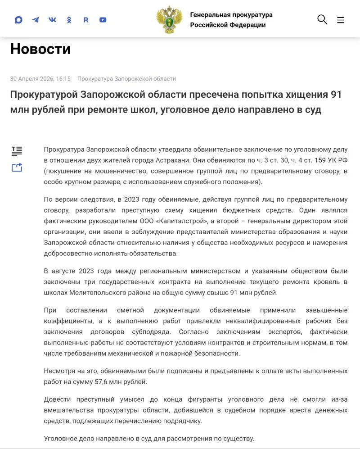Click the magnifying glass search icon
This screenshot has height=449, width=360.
click(322, 19)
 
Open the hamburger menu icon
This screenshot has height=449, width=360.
click(341, 20)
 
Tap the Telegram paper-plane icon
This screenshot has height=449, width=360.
click(36, 20)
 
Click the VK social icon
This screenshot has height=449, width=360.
click(52, 20)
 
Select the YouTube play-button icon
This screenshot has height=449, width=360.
click(103, 20)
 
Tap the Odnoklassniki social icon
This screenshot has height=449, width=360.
click(69, 20)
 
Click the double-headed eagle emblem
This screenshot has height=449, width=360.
click(169, 20)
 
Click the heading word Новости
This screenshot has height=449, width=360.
click(40, 49)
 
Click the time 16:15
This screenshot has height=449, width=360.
click(63, 79)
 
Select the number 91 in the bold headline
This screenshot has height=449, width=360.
click(336, 95)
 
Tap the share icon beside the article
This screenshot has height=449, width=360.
click(17, 168)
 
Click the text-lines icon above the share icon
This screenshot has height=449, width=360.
click(17, 151)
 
